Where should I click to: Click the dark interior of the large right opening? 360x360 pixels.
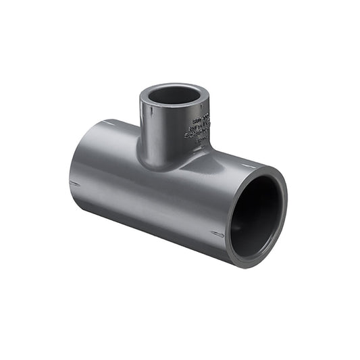(x=255, y=217)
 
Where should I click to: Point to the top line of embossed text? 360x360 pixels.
(x=200, y=117)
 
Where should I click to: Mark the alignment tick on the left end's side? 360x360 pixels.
(x=74, y=182)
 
